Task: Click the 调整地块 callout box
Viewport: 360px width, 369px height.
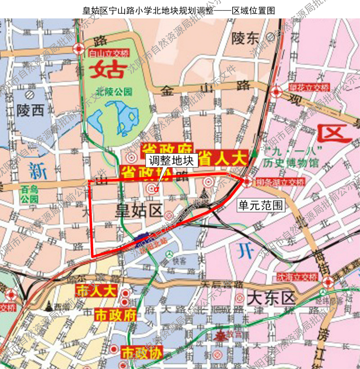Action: [x=171, y=160]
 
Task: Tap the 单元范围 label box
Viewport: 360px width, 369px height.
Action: [x=261, y=205]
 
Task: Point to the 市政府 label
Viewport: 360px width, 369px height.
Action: [x=115, y=315]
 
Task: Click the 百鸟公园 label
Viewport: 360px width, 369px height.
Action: [x=30, y=195]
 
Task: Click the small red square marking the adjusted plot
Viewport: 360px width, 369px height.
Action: [x=156, y=189]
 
